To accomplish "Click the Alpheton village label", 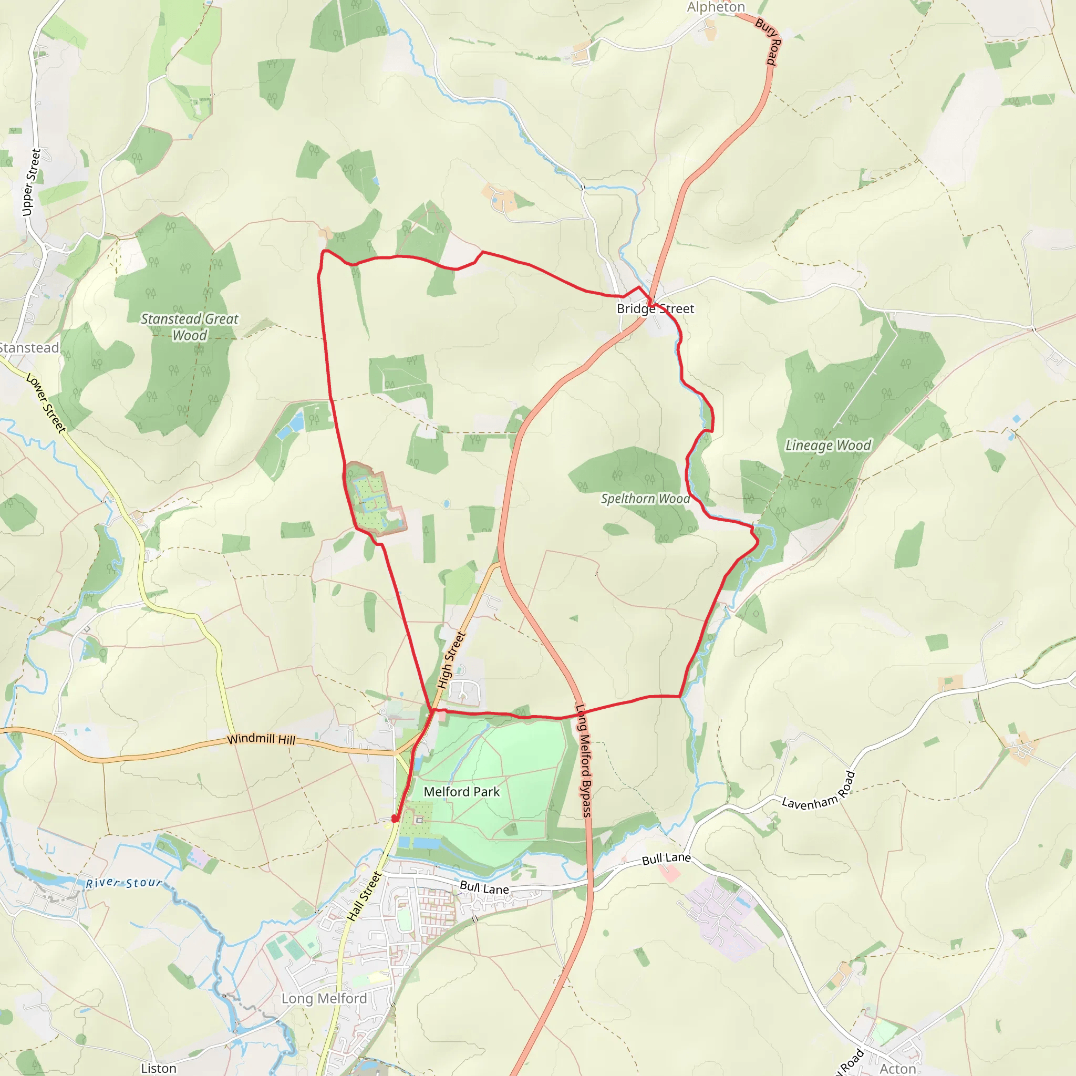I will pos(716,7).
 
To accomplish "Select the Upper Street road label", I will pos(31,182).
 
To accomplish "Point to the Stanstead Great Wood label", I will pos(189,327).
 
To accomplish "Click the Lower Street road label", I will pos(46,402).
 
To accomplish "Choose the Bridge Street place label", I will pos(655,308).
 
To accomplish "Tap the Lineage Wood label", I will pos(828,445).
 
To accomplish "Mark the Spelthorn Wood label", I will pos(645,499).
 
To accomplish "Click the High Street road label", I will pos(451,660).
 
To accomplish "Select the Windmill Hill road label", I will pos(261,739).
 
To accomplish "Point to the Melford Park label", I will pos(462,791).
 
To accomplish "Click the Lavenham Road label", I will pos(818,791).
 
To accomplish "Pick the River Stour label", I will pos(123,883).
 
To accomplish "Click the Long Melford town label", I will pos(324,999).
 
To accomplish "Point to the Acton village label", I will pos(897,1068).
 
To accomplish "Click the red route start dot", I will pos(395,819).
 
